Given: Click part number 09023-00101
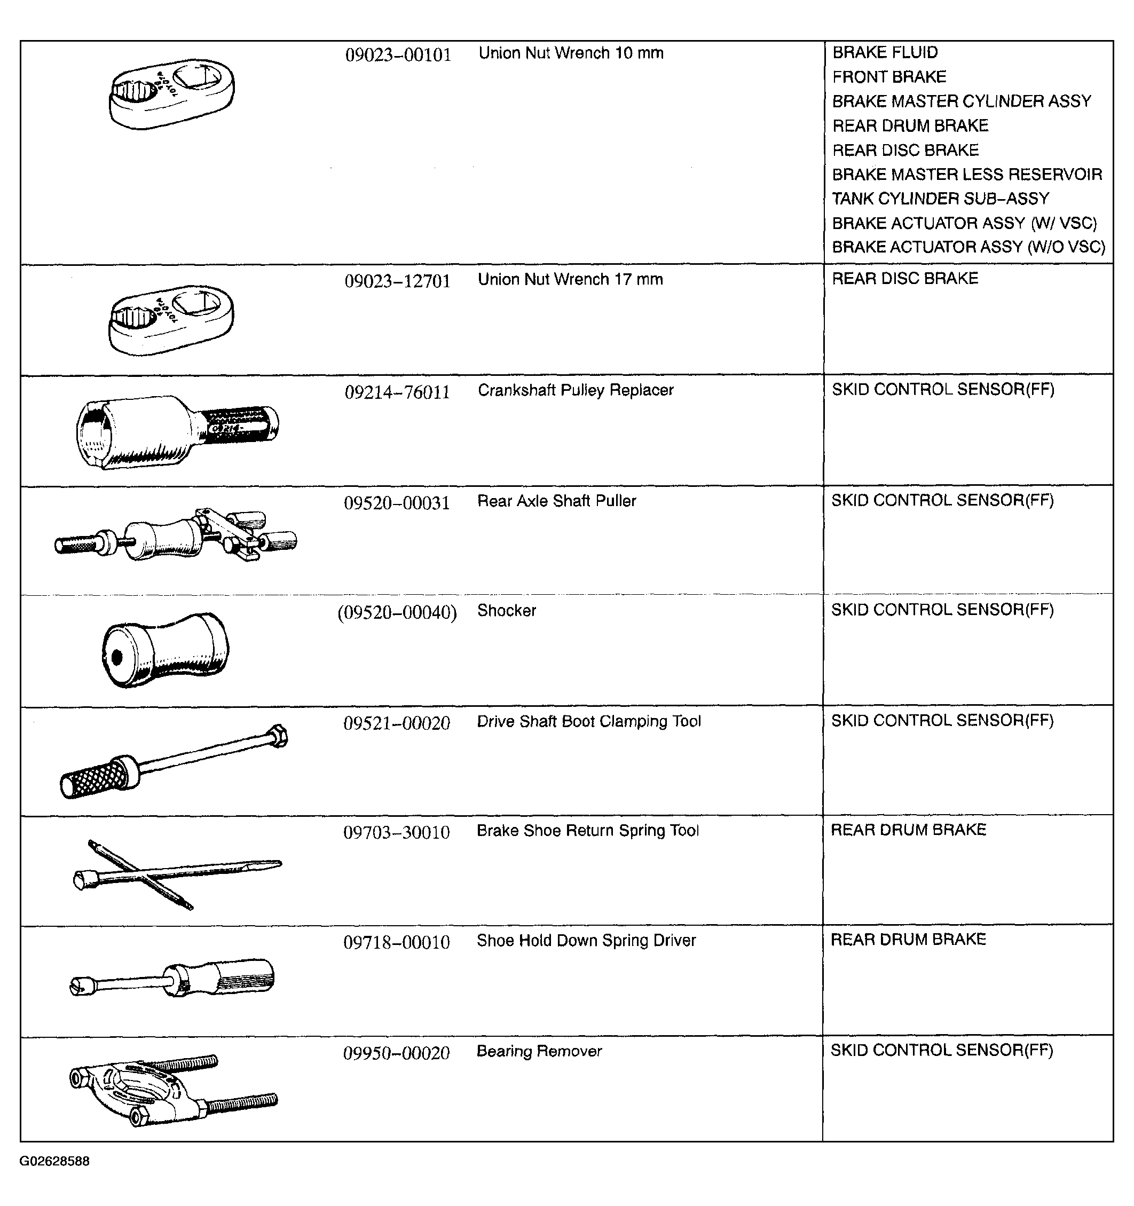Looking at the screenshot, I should click(398, 55).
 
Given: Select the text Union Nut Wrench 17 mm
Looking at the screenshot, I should click(570, 280).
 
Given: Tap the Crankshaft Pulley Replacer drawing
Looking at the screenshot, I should click(177, 431).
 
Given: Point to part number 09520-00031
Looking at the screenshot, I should click(397, 503).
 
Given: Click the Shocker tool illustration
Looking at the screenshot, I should click(165, 650).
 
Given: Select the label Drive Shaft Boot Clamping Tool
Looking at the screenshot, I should click(588, 721).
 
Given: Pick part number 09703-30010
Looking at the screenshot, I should click(396, 832).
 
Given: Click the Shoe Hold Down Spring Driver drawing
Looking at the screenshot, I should click(172, 979).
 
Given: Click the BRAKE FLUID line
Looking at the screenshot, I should click(885, 53).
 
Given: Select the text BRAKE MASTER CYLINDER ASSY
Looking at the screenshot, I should click(961, 101).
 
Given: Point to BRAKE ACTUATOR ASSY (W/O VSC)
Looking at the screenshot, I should click(968, 248).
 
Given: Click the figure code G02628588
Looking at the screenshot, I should click(54, 1161).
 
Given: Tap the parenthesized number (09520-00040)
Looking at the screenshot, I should click(397, 613).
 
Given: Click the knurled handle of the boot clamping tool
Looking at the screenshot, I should click(94, 778).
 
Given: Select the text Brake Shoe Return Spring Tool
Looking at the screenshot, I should click(587, 831).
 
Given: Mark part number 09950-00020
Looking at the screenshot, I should click(396, 1053).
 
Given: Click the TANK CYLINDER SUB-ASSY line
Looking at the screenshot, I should click(940, 199).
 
